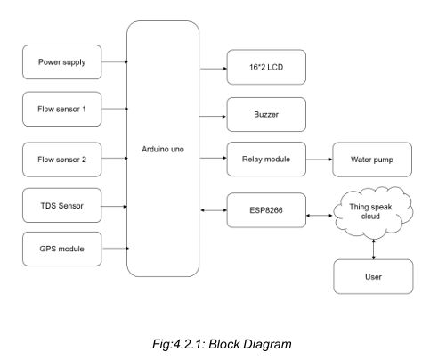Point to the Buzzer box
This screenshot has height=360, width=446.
point(265,114)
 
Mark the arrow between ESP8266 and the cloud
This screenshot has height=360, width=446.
point(318,213)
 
